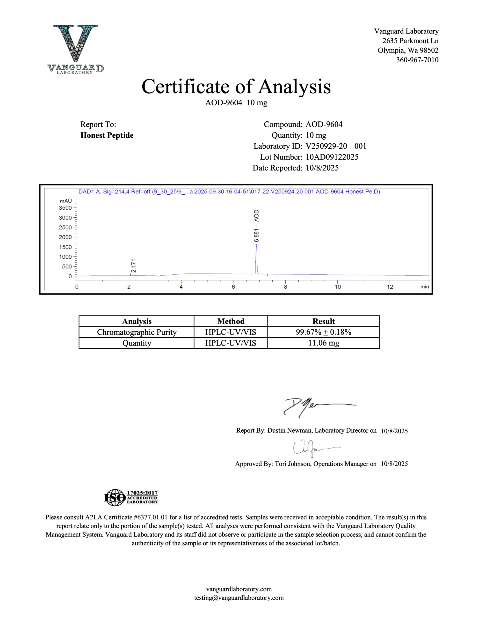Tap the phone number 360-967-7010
417,60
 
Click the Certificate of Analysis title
236,87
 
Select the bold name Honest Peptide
107,135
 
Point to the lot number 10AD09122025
332,157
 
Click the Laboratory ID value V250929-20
326,146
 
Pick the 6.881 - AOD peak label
256,226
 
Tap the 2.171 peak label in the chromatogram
133,265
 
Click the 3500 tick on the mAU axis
65,208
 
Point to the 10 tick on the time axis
337,287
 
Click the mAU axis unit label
66,201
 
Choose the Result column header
323,321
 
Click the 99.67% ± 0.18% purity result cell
323,332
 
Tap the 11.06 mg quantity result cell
323,343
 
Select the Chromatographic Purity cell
137,332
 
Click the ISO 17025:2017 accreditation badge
131,497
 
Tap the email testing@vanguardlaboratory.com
239,598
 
